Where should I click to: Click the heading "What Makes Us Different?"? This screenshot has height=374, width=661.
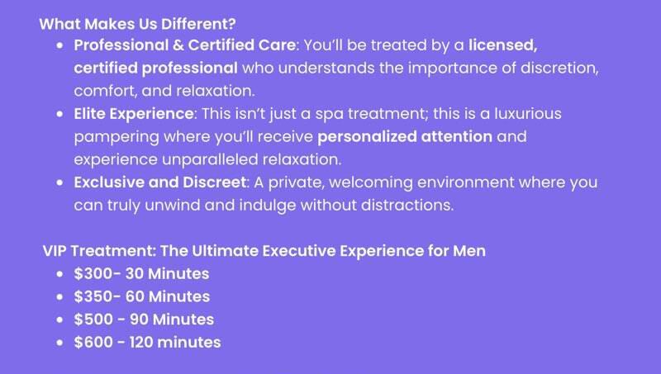pyautogui.click(x=137, y=24)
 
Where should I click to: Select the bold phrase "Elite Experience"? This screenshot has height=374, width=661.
pyautogui.click(x=134, y=114)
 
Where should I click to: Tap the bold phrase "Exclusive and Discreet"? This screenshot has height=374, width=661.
pyautogui.click(x=159, y=182)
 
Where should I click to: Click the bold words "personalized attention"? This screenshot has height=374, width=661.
pyautogui.click(x=405, y=137)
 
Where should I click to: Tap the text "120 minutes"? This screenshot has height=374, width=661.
pyautogui.click(x=175, y=342)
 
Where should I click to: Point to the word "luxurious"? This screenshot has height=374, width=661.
pyautogui.click(x=528, y=114)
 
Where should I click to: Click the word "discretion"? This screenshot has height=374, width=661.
pyautogui.click(x=559, y=69)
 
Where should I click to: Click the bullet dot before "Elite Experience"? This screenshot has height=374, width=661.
pyautogui.click(x=59, y=114)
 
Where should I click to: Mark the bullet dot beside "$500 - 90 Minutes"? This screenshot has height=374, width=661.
pyautogui.click(x=59, y=320)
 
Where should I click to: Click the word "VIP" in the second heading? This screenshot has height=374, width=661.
pyautogui.click(x=55, y=251)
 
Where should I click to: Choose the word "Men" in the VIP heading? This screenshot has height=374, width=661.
pyautogui.click(x=469, y=251)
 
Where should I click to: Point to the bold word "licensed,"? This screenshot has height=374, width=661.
pyautogui.click(x=503, y=45)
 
